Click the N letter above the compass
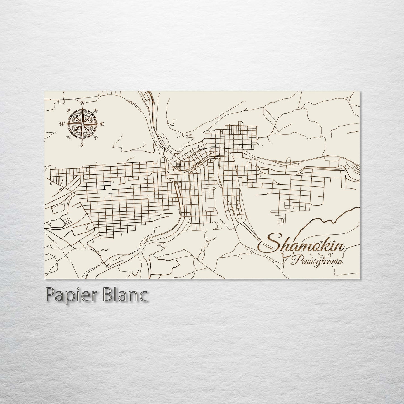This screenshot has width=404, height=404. point(82,103)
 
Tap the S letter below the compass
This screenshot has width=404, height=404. point(82,145)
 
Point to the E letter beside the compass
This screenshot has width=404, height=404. point(102,124)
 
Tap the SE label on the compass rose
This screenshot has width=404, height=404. point(96,137)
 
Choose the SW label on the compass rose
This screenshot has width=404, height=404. point(68,137)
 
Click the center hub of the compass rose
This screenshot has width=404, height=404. point(82,124)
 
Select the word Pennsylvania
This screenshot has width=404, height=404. point(316,262)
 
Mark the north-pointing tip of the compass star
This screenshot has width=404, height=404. point(82,108)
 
